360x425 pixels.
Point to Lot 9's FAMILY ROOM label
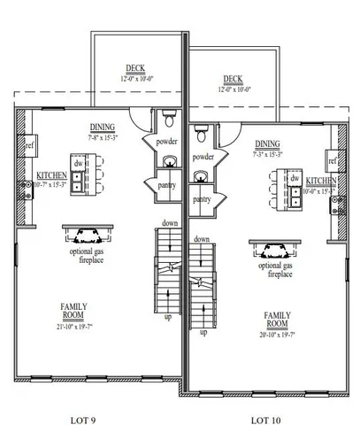point(73,310)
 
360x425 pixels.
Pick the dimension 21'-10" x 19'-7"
point(73,328)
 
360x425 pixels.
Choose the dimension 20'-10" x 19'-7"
point(277,336)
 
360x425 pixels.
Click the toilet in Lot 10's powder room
point(202,132)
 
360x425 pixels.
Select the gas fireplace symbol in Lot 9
point(86,235)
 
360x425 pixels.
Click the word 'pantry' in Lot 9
point(166,186)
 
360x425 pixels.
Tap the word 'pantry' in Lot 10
point(202,200)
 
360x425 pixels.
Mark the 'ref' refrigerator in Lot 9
point(29,144)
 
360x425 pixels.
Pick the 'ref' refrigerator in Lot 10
point(333,161)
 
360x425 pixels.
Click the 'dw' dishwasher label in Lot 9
point(78,164)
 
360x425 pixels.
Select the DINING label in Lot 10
point(266,143)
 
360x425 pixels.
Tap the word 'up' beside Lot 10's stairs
point(203,332)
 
